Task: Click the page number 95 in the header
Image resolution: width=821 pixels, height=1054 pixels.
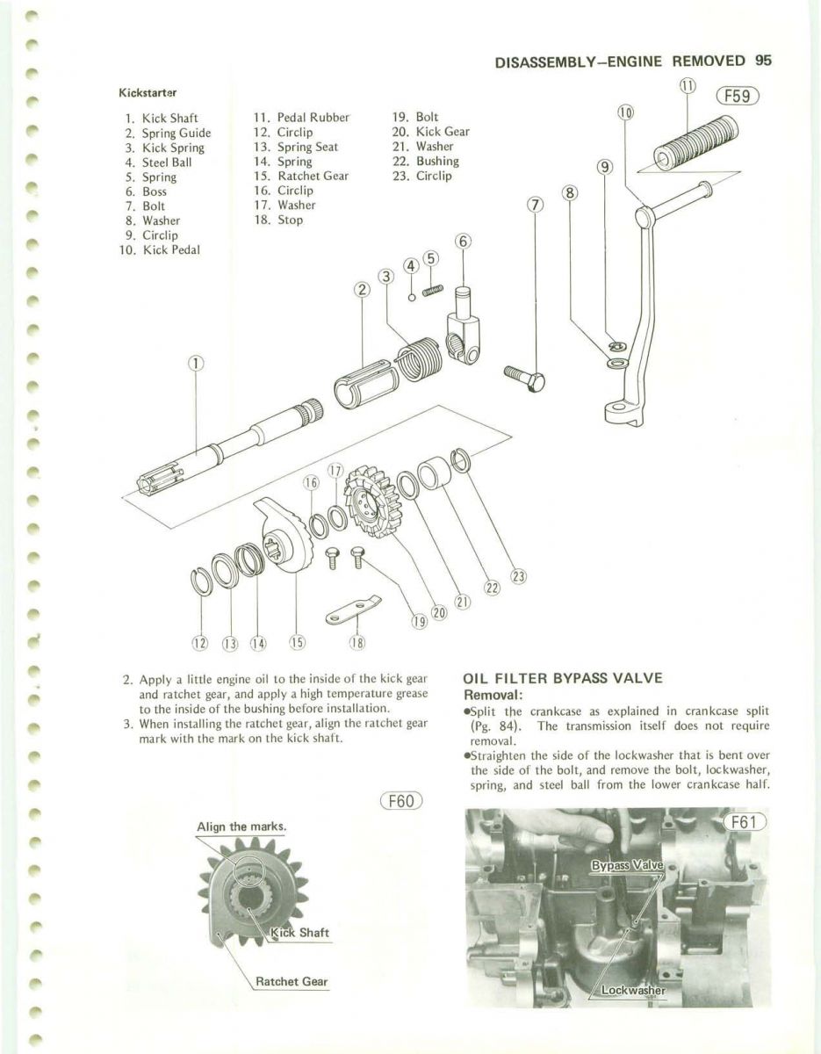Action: click(762, 61)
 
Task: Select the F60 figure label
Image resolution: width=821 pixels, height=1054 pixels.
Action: click(401, 801)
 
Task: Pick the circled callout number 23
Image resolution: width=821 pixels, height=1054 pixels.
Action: click(518, 577)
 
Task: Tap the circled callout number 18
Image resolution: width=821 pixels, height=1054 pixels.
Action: click(356, 642)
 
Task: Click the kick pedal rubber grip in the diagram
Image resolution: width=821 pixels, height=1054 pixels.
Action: click(697, 144)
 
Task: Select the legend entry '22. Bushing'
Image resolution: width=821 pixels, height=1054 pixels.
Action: click(425, 161)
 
